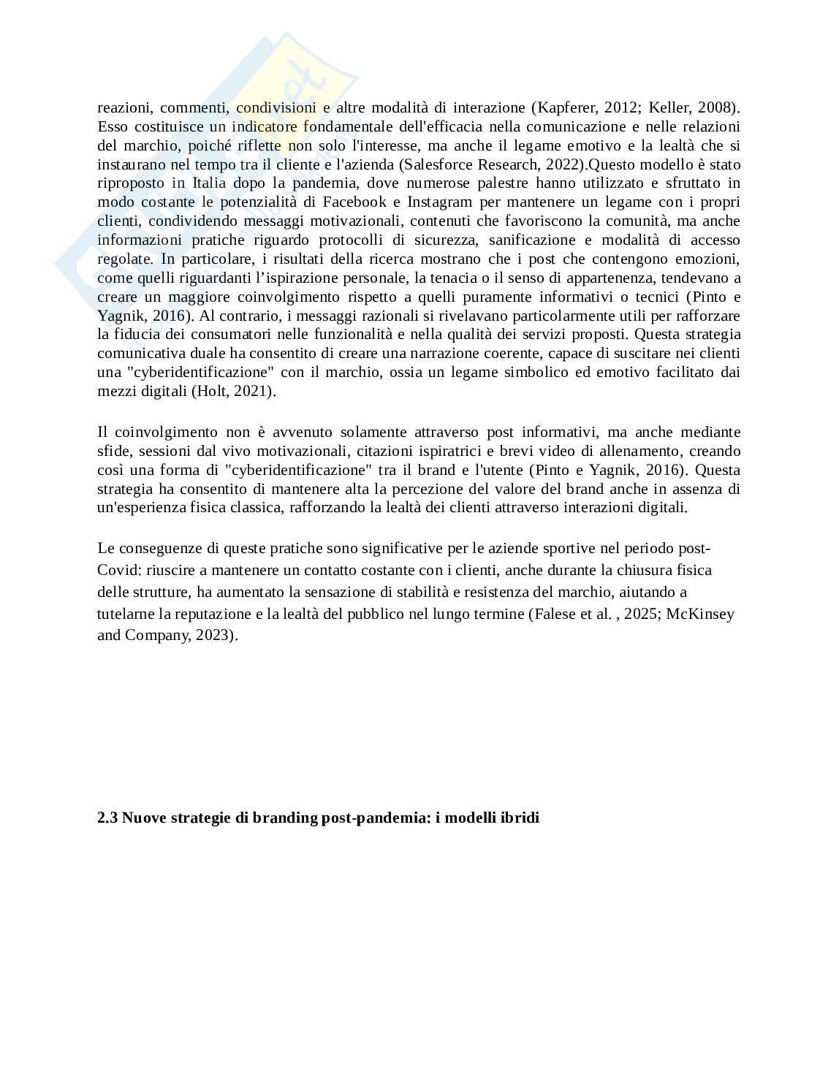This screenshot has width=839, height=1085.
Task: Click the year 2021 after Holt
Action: (253, 392)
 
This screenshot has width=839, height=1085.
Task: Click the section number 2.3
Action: (107, 818)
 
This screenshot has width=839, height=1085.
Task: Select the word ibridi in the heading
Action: (519, 818)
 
